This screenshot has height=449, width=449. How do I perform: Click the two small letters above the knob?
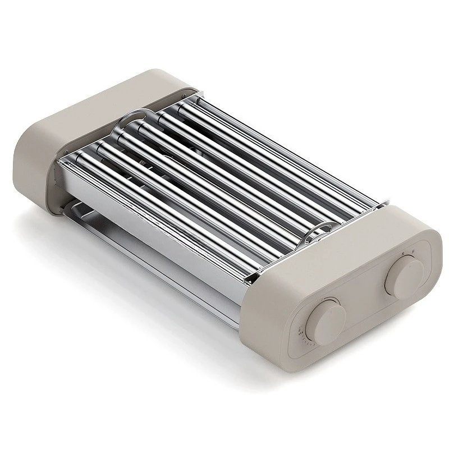click(x=409, y=253)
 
